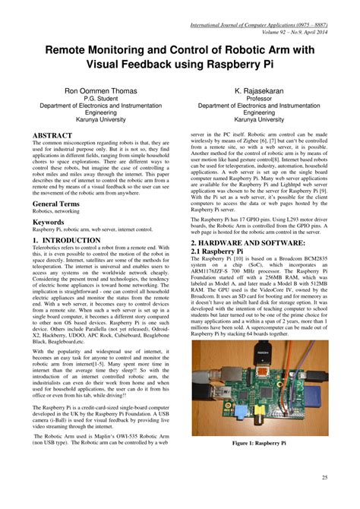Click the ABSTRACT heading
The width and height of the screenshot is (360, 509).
pyautogui.click(x=52, y=135)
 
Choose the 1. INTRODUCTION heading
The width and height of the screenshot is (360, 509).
pyautogui.click(x=67, y=240)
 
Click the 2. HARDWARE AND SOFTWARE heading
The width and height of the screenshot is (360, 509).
pyautogui.click(x=257, y=242)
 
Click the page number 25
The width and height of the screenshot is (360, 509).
pyautogui.click(x=325, y=477)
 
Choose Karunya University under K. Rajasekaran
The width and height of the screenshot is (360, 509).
pyautogui.click(x=265, y=119)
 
